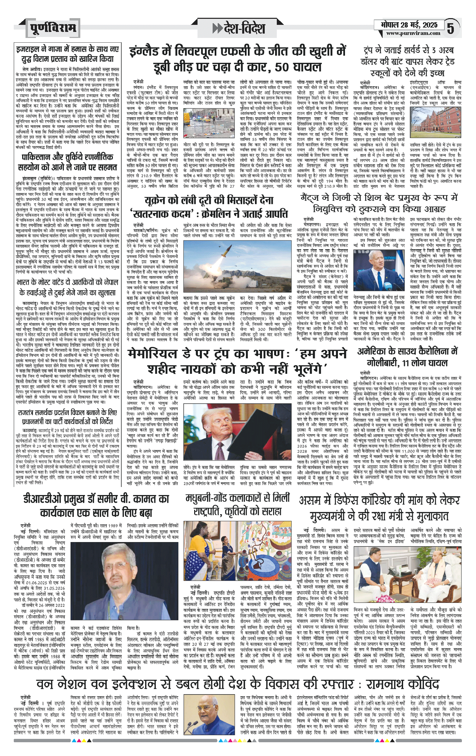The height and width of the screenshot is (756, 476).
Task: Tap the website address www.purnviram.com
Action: [x=413, y=33]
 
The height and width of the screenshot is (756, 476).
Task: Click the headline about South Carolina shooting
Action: [x=407, y=357]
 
